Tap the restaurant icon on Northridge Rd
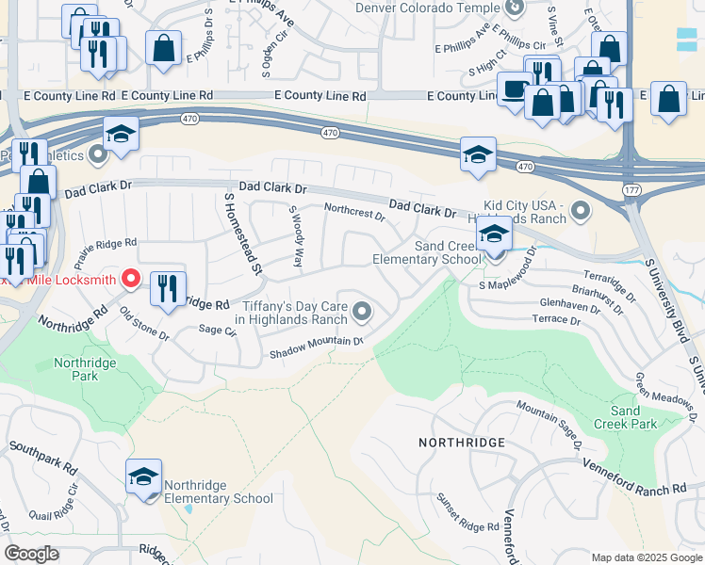coord(168,289)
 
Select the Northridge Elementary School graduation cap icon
coord(143,478)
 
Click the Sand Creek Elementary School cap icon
coord(494,235)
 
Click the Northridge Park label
coord(86,368)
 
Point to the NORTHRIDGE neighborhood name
coord(463,442)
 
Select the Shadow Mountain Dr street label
coord(317,347)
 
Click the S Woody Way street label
coord(296,235)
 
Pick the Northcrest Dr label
coord(354,212)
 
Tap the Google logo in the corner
coord(32,553)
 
